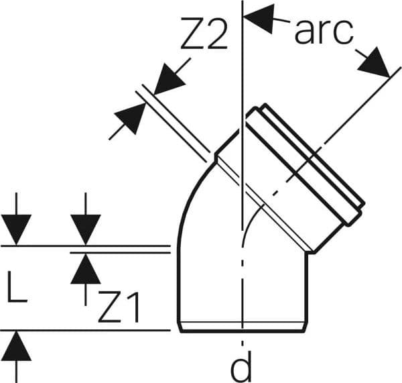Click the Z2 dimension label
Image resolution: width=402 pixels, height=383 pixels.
pos(204,34)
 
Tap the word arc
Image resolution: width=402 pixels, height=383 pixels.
pos(324,32)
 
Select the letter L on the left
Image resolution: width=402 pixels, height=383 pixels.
pos(17,286)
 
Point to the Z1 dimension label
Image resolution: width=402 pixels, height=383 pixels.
pos(119,307)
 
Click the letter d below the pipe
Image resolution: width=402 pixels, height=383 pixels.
pos(241,367)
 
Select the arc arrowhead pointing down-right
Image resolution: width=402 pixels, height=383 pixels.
pos(375,62)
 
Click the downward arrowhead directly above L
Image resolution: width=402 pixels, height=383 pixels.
pos(16,230)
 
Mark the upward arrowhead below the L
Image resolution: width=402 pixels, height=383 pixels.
pos(16,346)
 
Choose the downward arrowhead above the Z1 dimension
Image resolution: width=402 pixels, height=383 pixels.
pos(86,230)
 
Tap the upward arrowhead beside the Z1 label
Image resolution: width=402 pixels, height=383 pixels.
pos(86,269)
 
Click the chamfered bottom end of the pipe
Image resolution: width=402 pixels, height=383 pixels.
pos(243,327)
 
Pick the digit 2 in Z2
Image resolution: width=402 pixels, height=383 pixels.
pos(217,34)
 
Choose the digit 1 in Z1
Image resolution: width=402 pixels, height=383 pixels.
pos(132,307)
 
